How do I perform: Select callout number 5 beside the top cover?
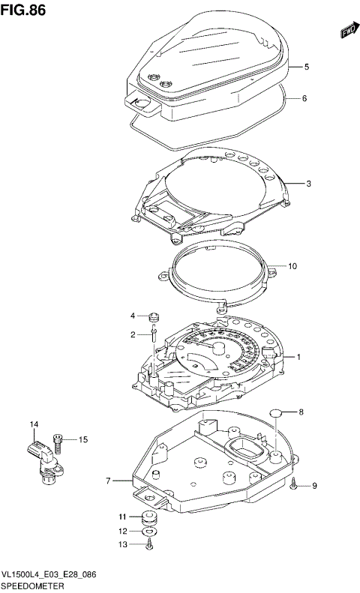click(306, 67)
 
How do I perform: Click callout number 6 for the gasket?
click(306, 98)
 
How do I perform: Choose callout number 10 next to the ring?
click(292, 265)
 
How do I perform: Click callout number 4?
click(132, 316)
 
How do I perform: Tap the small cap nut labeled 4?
click(153, 316)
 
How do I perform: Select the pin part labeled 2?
click(153, 335)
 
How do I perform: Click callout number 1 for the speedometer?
click(298, 357)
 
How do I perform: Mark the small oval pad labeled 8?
click(275, 412)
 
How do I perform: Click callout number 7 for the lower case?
click(109, 481)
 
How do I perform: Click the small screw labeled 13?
click(148, 546)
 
